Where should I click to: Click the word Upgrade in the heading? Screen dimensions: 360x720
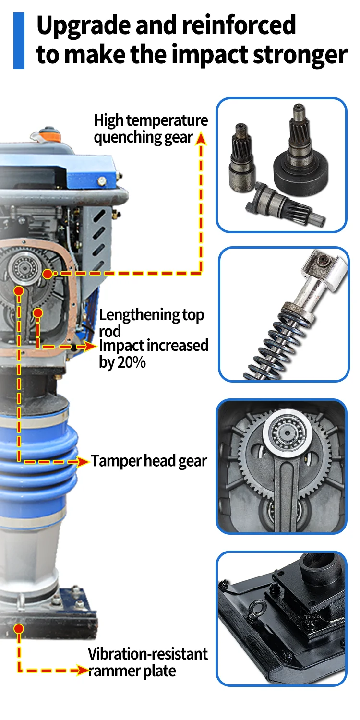(x=84, y=26)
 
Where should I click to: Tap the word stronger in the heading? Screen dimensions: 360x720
(x=300, y=55)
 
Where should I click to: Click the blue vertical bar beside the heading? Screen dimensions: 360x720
(x=19, y=40)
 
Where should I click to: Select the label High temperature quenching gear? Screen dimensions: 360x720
(x=151, y=129)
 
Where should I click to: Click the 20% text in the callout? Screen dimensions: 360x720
(x=132, y=362)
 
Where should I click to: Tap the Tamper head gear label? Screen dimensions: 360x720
(x=149, y=461)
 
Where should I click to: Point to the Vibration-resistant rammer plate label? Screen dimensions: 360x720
(x=148, y=662)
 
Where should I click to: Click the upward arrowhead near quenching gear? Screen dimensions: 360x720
(x=201, y=138)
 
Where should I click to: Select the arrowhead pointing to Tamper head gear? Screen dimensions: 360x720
(x=83, y=462)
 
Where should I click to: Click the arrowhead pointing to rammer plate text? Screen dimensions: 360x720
(x=83, y=671)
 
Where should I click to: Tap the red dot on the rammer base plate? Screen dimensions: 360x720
(x=19, y=629)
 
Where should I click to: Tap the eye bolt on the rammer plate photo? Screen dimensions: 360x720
(x=253, y=611)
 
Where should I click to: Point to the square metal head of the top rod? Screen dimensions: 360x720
(x=324, y=270)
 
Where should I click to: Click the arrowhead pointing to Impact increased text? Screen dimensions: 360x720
(x=90, y=346)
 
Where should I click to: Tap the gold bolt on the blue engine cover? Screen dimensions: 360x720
(x=102, y=181)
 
